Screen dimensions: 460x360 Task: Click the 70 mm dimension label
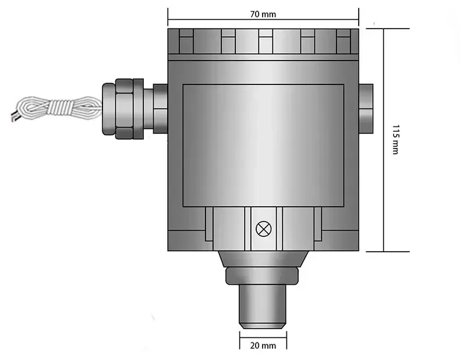pos(263,14)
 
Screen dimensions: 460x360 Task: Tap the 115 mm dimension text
pos(396,140)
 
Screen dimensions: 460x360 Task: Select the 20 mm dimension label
pos(263,345)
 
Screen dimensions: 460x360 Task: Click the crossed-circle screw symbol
pos(264,229)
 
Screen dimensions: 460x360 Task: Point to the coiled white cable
pos(57,108)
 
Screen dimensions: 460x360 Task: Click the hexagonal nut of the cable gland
pos(125,109)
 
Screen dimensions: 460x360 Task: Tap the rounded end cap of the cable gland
pos(108,109)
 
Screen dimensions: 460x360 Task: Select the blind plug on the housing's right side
pos(366,108)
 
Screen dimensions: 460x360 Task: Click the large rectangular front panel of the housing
pos(263,146)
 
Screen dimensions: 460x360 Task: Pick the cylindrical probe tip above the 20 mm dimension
pos(263,306)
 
